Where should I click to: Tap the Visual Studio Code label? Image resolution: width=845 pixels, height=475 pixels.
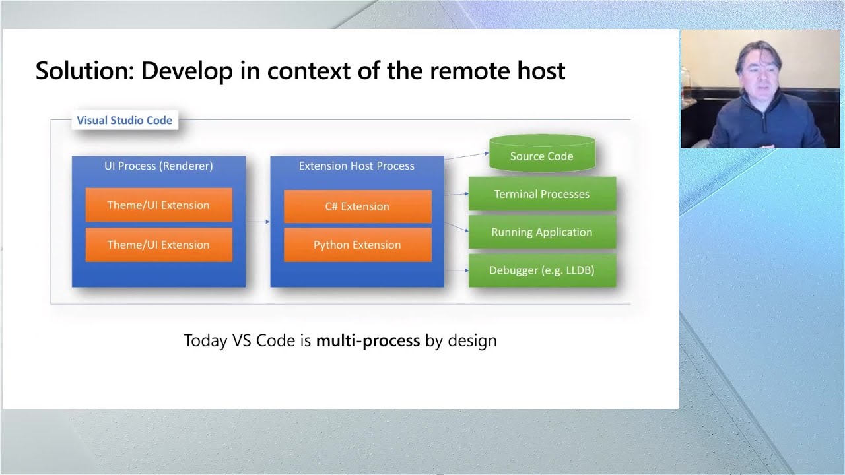pos(124,120)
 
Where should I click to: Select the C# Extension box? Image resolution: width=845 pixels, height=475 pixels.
pos(357,206)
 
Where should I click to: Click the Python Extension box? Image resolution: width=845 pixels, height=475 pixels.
pos(357,245)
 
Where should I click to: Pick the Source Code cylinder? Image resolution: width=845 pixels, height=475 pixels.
pos(541,156)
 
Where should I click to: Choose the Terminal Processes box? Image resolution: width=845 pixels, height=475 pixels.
pos(541,194)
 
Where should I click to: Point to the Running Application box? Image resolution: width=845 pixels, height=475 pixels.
pos(541,232)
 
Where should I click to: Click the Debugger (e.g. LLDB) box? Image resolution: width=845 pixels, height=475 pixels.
pos(541,270)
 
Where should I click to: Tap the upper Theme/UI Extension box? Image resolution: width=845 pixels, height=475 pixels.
pos(158,205)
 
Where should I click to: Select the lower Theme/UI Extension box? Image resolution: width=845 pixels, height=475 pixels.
pos(158,245)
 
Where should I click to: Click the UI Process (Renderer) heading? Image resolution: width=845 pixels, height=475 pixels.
pos(158,166)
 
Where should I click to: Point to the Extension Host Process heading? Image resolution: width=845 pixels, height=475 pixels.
pos(356,166)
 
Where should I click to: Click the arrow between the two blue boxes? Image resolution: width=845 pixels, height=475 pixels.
pos(257,222)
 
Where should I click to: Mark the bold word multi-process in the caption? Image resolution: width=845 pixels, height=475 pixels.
pos(368,341)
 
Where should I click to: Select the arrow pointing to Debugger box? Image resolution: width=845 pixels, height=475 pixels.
pos(456,270)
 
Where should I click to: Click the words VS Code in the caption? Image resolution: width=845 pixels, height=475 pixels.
pos(271,341)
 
